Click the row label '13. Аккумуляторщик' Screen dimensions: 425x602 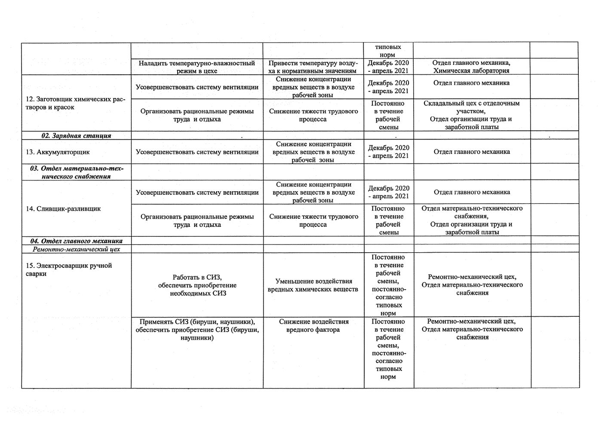tap(63, 152)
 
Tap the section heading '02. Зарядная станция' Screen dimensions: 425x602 tap(76, 136)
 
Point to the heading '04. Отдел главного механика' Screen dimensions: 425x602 tap(76, 241)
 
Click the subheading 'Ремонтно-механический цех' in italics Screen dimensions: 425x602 tap(76, 249)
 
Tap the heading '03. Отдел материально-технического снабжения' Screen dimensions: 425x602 tap(76, 172)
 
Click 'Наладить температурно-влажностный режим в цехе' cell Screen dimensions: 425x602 tap(197, 67)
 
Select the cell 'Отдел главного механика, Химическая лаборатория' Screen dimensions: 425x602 tap(471, 67)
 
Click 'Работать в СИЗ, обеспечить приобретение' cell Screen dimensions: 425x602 tap(197, 285)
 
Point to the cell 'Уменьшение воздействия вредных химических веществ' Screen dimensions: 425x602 tap(313, 285)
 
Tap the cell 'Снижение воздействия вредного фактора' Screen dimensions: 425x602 tap(313, 326)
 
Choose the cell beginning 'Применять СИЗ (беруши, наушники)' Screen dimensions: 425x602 tap(197, 330)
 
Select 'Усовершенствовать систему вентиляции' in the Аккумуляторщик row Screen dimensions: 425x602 tap(197, 152)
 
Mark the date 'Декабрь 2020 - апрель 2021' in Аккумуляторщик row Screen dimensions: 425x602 tap(388, 152)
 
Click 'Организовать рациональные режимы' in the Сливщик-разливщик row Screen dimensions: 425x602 tap(197, 220)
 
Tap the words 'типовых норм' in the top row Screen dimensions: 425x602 tap(388, 51)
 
